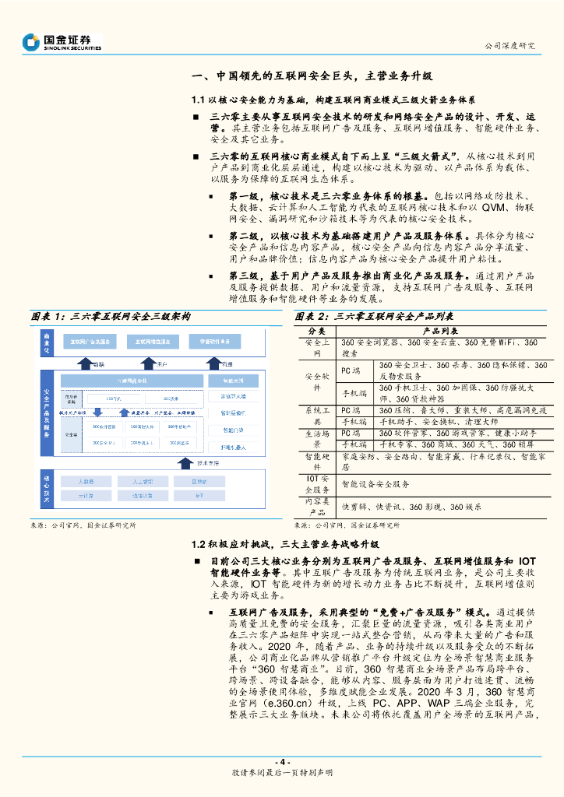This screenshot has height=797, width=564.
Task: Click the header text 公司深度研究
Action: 510,45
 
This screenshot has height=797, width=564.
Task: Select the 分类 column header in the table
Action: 317,331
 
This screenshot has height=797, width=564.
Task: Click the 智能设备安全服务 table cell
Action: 376,483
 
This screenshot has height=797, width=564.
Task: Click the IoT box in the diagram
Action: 199,495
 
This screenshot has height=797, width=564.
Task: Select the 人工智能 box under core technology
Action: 143,481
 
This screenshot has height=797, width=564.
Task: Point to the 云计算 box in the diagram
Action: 86,495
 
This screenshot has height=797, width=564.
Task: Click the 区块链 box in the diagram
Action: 199,481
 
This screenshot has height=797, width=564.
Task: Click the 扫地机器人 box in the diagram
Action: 233,448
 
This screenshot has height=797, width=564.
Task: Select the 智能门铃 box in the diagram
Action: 233,430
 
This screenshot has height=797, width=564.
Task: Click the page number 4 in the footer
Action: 283,761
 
